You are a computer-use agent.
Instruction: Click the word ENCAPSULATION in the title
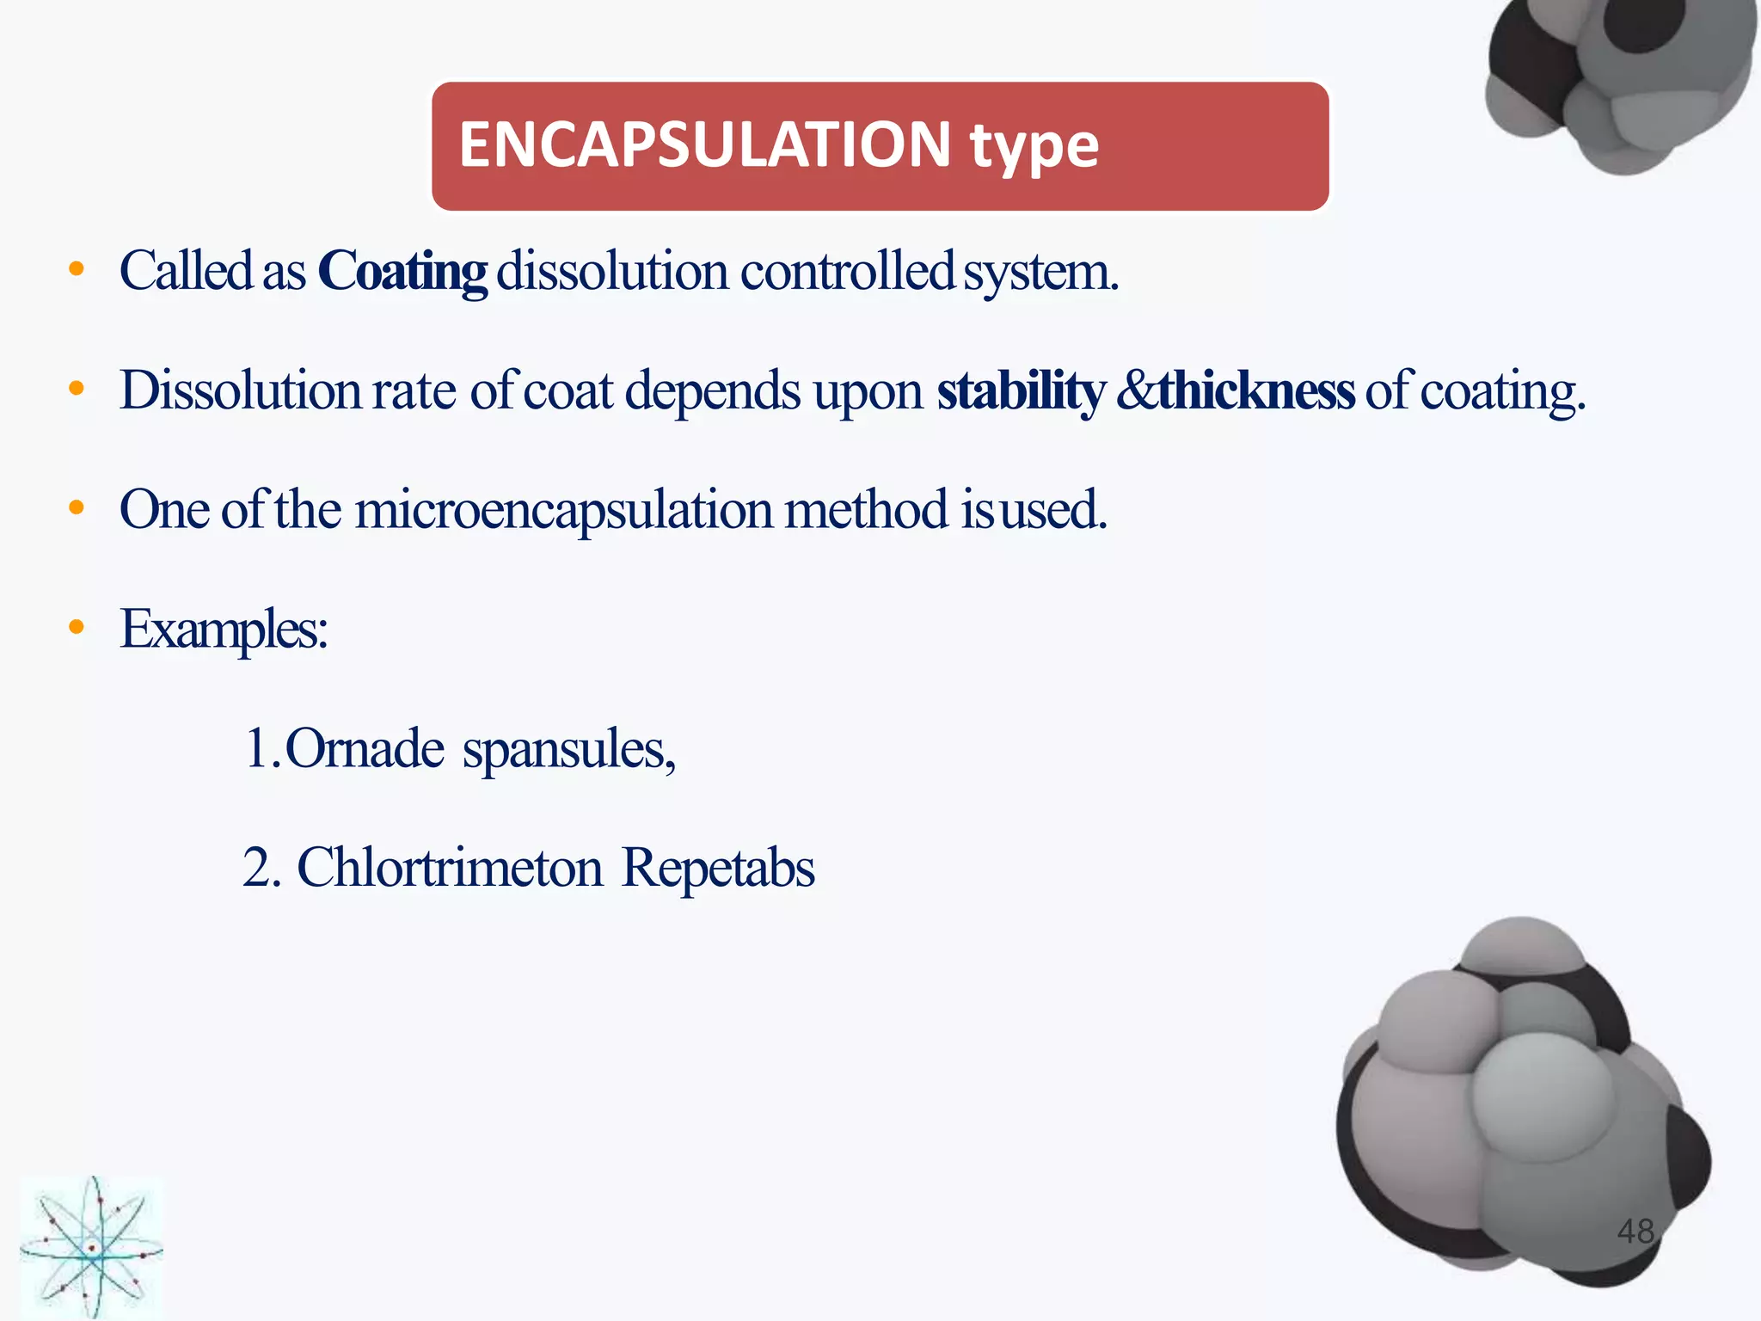[x=704, y=144]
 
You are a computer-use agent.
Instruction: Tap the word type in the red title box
[x=1034, y=146]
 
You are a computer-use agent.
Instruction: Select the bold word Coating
[x=402, y=272]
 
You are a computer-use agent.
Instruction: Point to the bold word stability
[x=1021, y=391]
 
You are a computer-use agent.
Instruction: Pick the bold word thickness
[x=1256, y=391]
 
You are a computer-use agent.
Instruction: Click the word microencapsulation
[x=563, y=510]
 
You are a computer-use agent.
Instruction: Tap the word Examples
[x=224, y=630]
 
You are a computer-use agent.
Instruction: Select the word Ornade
[x=365, y=748]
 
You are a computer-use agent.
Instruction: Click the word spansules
[x=568, y=750]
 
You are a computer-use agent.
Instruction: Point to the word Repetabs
[x=718, y=869]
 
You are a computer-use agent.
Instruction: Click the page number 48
[x=1635, y=1232]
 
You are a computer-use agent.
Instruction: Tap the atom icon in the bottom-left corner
[x=90, y=1247]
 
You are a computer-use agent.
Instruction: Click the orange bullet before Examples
[x=77, y=628]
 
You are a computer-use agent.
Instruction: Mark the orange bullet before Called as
[x=77, y=269]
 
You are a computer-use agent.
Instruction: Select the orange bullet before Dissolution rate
[x=77, y=389]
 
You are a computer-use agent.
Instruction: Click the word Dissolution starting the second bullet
[x=240, y=391]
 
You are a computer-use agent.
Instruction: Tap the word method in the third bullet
[x=865, y=510]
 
